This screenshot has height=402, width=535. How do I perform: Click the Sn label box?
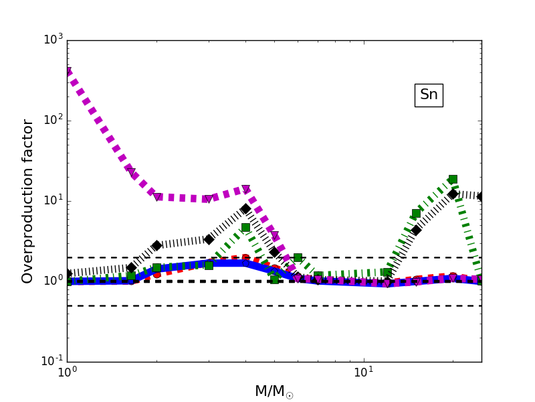429,95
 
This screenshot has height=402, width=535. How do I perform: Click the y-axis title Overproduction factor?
28,201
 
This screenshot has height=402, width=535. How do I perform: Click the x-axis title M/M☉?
274,391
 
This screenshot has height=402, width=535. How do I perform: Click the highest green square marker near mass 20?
453,179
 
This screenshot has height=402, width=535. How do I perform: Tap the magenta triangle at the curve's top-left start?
68,72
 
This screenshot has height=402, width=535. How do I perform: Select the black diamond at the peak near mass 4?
245,209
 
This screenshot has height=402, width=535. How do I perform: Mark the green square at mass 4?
245,228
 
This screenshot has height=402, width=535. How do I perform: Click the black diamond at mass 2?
156,245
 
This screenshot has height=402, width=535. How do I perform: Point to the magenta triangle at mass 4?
245,190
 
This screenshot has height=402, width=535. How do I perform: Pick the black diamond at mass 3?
209,239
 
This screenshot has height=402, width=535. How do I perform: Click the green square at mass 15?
416,214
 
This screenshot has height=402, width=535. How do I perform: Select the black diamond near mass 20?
453,194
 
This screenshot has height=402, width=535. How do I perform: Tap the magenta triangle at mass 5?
274,236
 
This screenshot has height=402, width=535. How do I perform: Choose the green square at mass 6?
298,257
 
